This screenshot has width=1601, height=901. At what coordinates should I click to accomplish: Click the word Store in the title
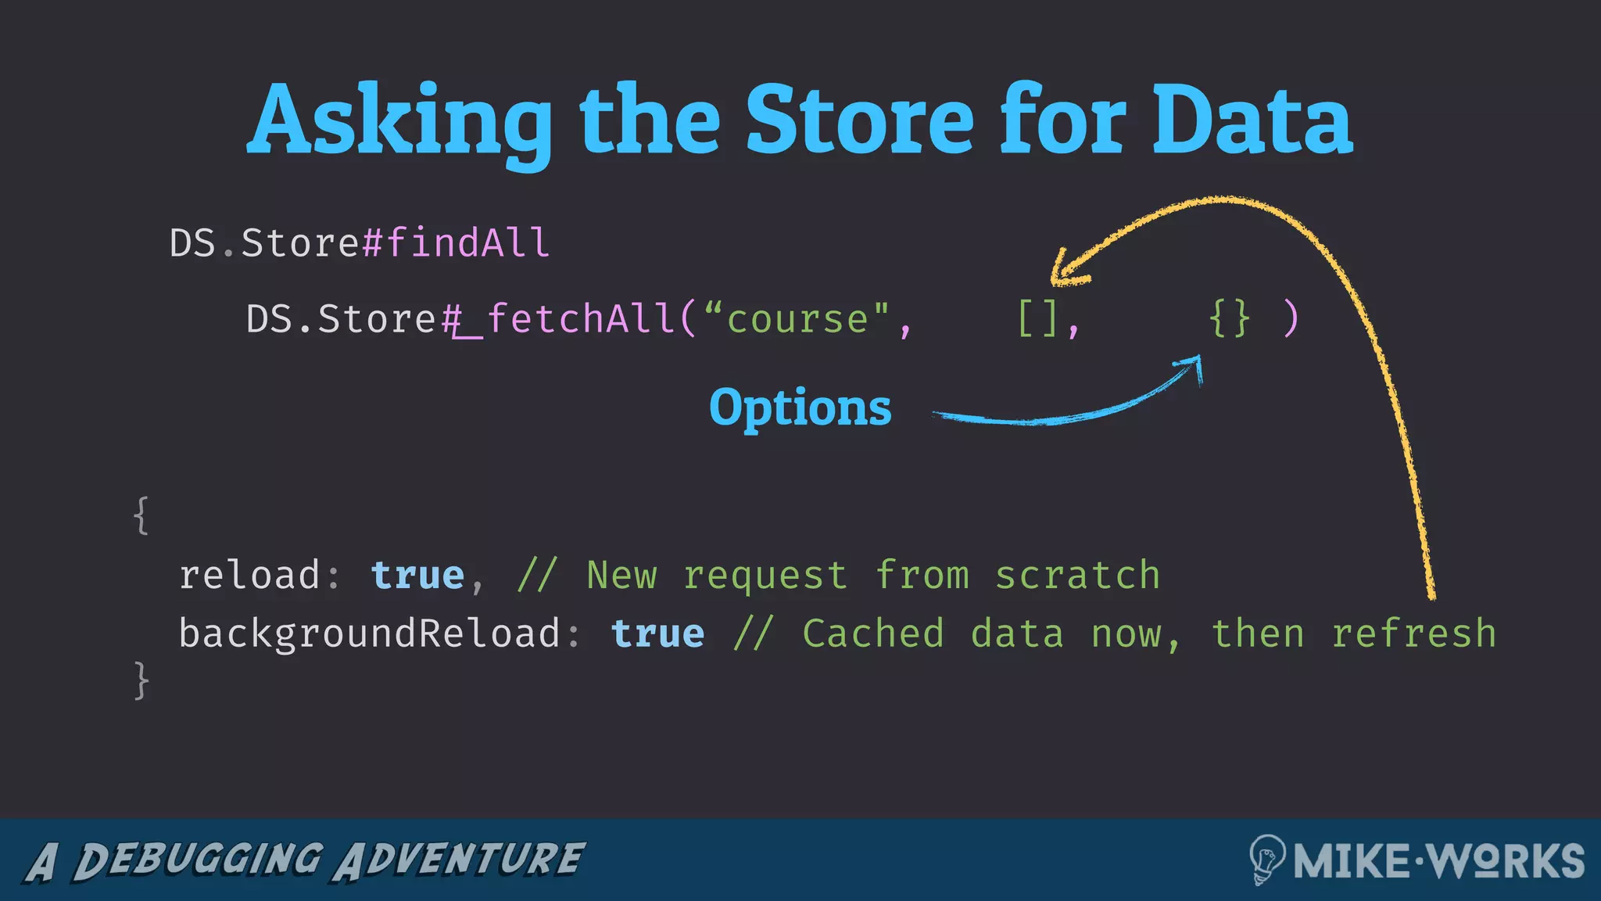860,121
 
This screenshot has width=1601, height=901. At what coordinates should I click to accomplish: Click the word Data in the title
1251,121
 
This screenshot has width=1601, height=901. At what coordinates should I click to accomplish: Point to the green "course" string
797,319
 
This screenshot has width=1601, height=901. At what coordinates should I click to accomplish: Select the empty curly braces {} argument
1229,319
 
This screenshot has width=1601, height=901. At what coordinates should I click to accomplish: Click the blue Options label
800,407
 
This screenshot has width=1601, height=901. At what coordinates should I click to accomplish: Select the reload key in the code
249,576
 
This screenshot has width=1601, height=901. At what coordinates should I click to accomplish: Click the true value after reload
417,576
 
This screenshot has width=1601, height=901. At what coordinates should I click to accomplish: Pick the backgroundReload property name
369,634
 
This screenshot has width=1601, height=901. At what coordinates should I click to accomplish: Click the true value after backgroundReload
657,634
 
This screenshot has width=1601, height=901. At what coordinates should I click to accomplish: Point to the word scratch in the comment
1077,576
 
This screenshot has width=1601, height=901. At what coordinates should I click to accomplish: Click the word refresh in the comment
1413,634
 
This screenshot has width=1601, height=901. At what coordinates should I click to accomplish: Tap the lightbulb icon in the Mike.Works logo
1266,859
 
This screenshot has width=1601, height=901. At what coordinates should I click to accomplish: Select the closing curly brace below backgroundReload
141,680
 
